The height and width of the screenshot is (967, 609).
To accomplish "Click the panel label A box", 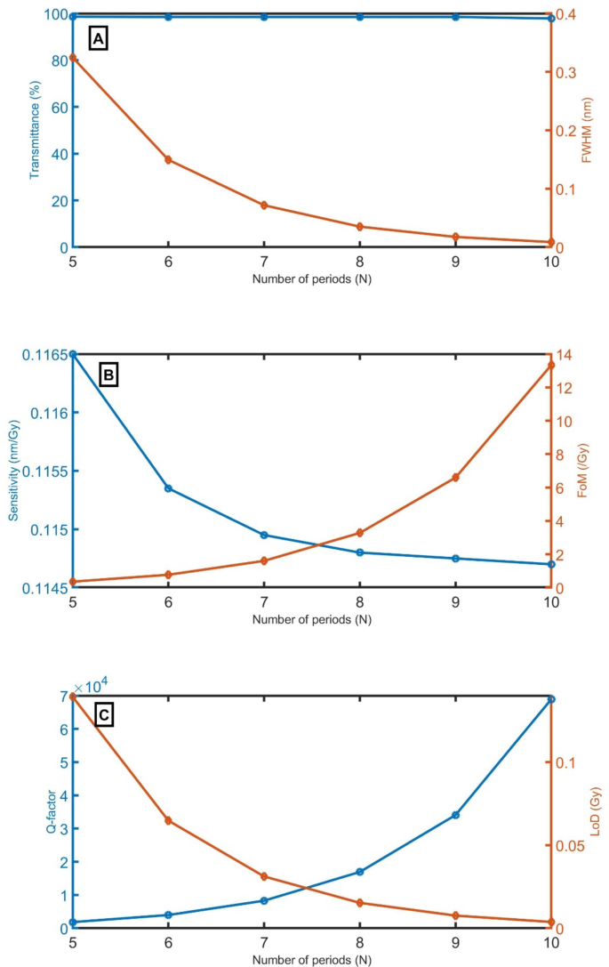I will pos(98,38).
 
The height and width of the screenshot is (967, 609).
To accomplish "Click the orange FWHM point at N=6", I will pos(168,160).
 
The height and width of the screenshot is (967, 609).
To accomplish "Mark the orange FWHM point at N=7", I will pos(264,205).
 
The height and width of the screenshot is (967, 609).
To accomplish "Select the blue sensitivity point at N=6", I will pos(168,488).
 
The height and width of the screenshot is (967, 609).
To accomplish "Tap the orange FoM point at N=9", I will pos(456,478).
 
